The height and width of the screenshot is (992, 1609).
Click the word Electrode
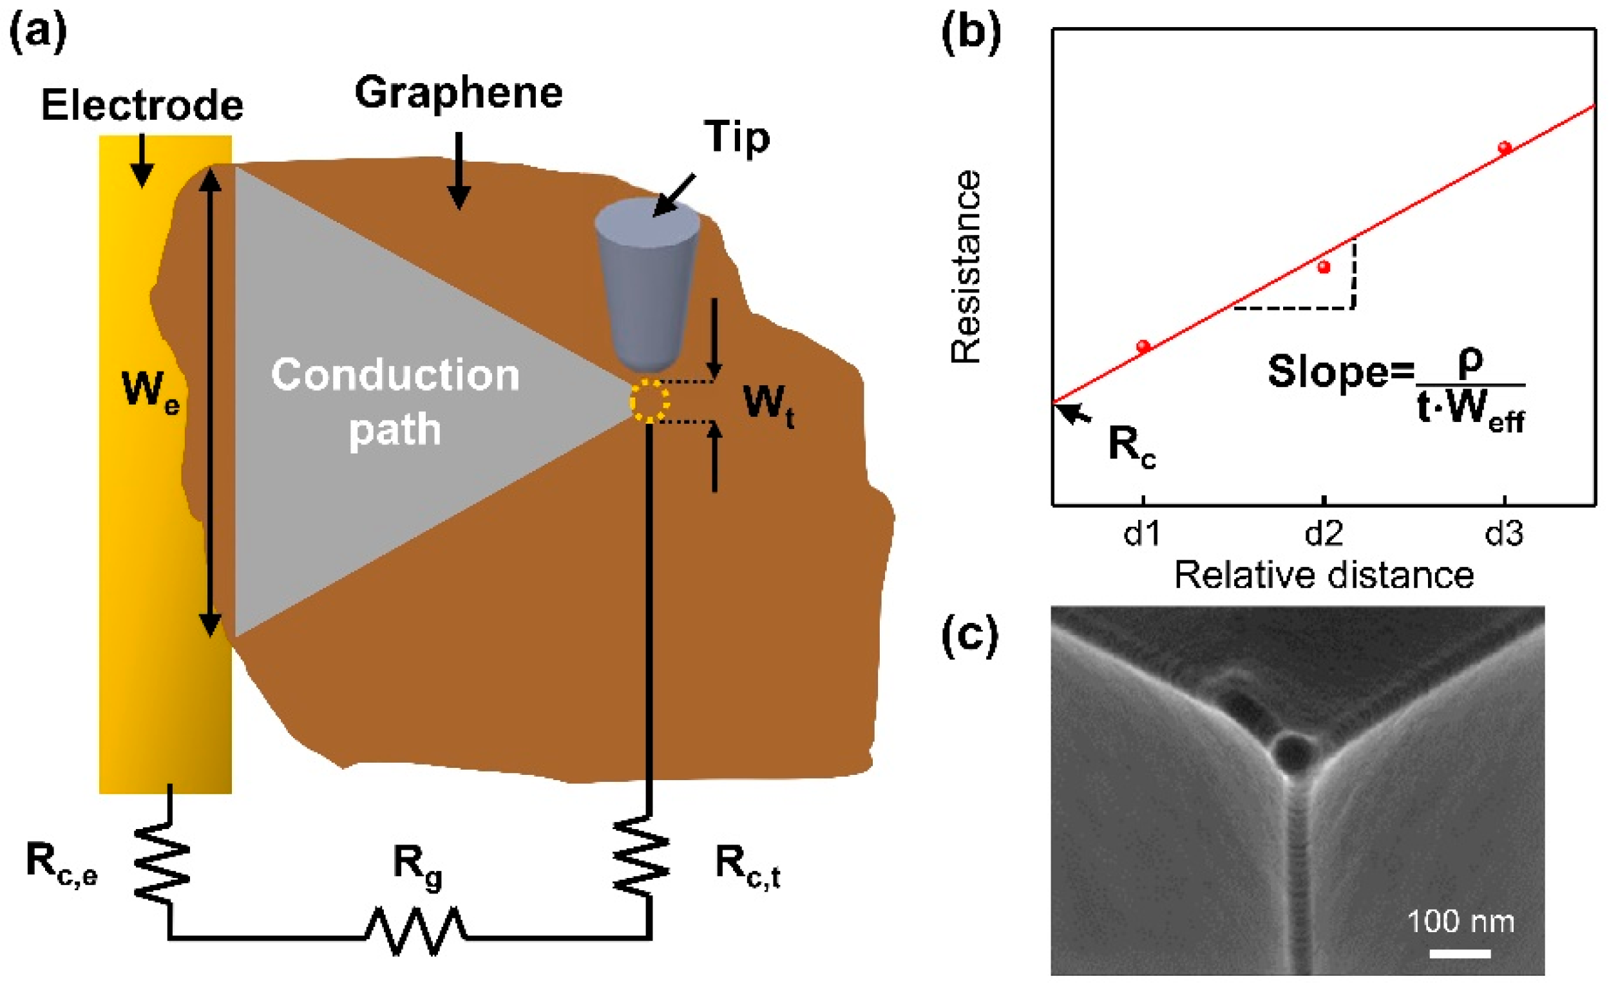pyautogui.click(x=142, y=105)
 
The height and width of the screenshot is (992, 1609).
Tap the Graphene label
pyautogui.click(x=459, y=93)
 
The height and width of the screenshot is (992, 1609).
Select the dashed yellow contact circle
pyautogui.click(x=649, y=401)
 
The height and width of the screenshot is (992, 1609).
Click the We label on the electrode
pyautogui.click(x=150, y=391)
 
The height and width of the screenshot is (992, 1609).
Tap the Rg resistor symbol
pyautogui.click(x=416, y=931)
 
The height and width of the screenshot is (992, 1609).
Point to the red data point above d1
pyautogui.click(x=1143, y=346)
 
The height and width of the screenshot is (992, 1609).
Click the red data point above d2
pyautogui.click(x=1324, y=267)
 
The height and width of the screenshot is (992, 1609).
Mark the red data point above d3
pyautogui.click(x=1505, y=148)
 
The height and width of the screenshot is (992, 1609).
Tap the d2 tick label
pyautogui.click(x=1324, y=534)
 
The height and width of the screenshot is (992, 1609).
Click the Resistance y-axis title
pyautogui.click(x=966, y=267)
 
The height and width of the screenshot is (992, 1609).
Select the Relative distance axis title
pyautogui.click(x=1324, y=576)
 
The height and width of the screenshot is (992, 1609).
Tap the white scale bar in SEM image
pyautogui.click(x=1460, y=953)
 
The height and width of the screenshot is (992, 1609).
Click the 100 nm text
pyautogui.click(x=1460, y=922)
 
